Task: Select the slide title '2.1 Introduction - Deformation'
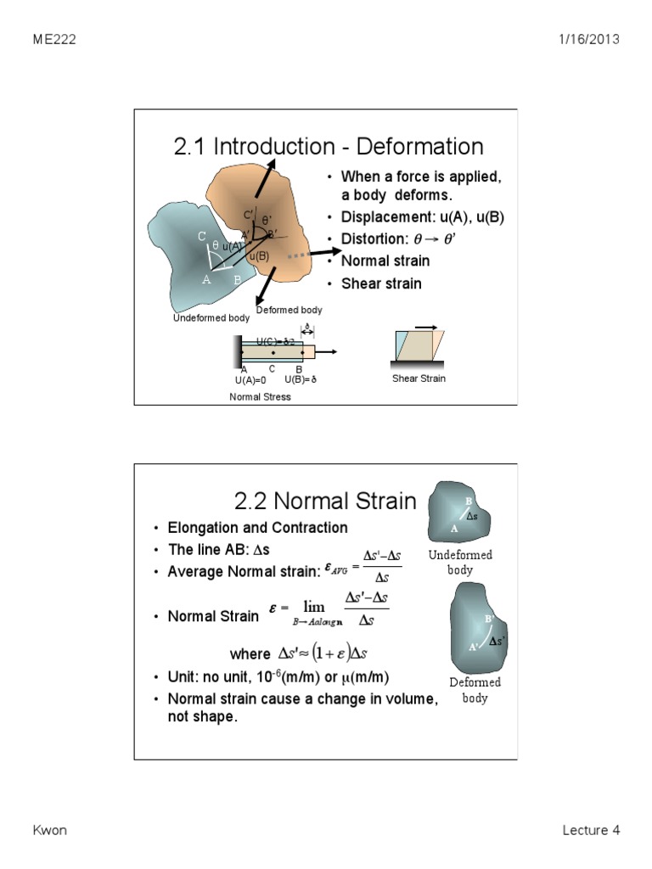[329, 146]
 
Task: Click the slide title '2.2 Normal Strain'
[325, 501]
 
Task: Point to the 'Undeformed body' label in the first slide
[211, 318]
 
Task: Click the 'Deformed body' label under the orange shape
[289, 311]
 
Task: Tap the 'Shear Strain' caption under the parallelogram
[419, 378]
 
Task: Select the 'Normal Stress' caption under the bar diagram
[260, 396]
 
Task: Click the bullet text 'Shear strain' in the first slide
[381, 283]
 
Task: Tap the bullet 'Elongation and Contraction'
[257, 528]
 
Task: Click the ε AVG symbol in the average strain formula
[339, 571]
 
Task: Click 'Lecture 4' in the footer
[591, 830]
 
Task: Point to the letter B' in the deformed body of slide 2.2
[488, 619]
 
